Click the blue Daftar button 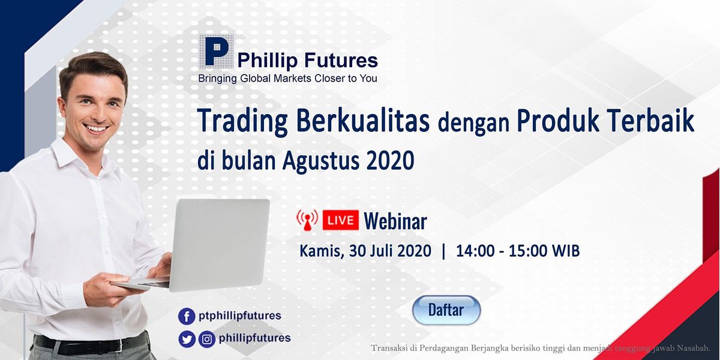point(446,310)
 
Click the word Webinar point(395,221)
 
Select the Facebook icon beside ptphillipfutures point(187,316)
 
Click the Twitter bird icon point(187,340)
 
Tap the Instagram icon point(207,340)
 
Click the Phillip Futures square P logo point(216,52)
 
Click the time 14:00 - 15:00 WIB point(517,251)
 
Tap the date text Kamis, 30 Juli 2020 point(365,251)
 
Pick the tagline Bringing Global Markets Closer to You point(287,79)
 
